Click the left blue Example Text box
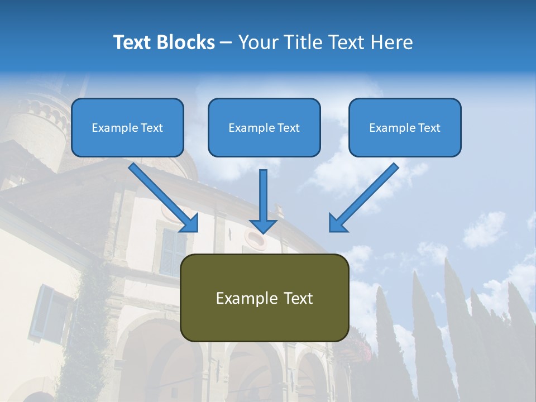(x=127, y=128)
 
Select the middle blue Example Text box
(x=264, y=128)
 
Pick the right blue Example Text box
(x=405, y=128)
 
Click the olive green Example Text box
(x=265, y=298)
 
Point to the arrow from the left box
(x=162, y=195)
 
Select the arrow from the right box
(x=366, y=195)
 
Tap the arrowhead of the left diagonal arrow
(x=190, y=223)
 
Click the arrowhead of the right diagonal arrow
(x=337, y=223)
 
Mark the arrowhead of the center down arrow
(x=263, y=226)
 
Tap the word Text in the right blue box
(x=429, y=128)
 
